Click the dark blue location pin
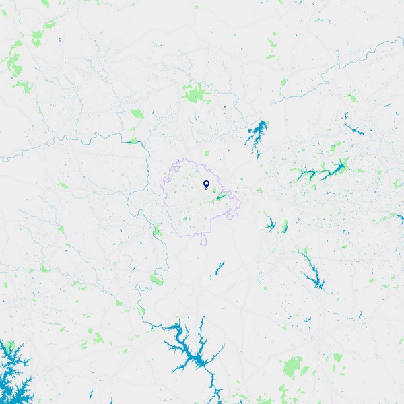[206, 184]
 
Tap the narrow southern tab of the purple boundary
[203, 240]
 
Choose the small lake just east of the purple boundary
[270, 224]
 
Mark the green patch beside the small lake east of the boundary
[284, 226]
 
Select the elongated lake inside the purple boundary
[220, 197]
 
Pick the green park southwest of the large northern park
[137, 113]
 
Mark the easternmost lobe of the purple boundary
[238, 200]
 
